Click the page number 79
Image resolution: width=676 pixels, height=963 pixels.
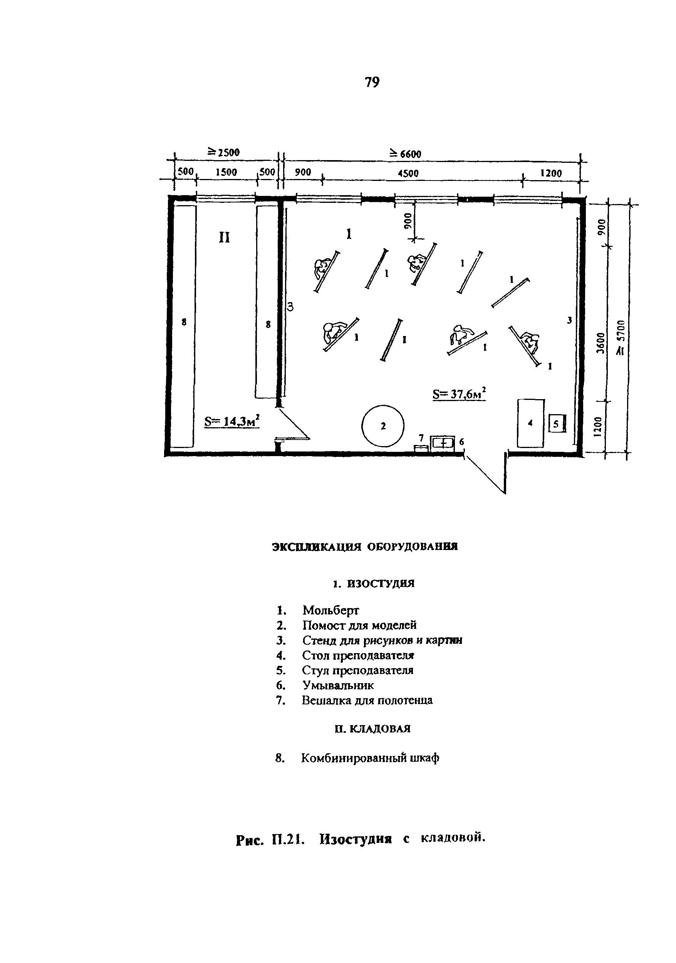(372, 82)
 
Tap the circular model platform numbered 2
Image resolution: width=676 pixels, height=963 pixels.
(383, 426)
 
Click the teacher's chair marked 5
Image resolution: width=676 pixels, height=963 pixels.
(557, 424)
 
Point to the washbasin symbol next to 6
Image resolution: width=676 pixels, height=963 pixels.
(443, 443)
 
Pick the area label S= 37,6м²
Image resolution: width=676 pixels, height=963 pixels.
(459, 393)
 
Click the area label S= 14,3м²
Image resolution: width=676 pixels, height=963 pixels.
(231, 421)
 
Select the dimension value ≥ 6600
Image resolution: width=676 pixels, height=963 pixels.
(405, 154)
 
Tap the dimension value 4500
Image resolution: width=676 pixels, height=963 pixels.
(408, 173)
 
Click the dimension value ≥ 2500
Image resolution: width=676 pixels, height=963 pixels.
(223, 152)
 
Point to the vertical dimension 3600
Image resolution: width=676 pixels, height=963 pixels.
(601, 343)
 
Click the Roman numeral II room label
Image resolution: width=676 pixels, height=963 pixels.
(225, 238)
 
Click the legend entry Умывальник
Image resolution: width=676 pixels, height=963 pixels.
(338, 685)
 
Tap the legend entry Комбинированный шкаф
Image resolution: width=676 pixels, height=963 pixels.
(370, 758)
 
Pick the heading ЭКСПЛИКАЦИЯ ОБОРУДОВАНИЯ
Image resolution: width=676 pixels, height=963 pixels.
(365, 547)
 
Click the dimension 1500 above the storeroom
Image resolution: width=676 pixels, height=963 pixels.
(226, 172)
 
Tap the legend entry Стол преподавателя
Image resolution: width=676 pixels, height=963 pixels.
(358, 655)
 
